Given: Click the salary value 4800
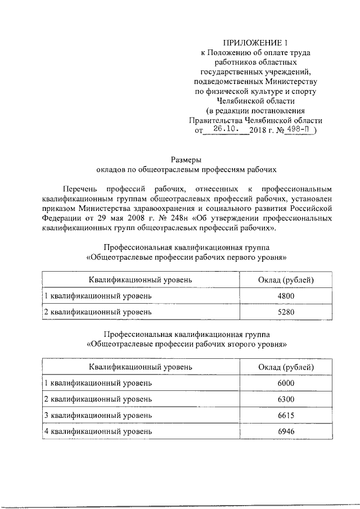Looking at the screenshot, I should [x=286, y=295].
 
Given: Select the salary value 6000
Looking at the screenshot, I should [x=286, y=383].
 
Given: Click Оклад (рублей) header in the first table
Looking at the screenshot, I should [x=286, y=279].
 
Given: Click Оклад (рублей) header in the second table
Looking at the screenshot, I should [x=286, y=367].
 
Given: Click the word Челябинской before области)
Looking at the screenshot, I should [x=271, y=120].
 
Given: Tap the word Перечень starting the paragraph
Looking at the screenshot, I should [x=83, y=188].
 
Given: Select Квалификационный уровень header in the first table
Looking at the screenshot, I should [x=140, y=279].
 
